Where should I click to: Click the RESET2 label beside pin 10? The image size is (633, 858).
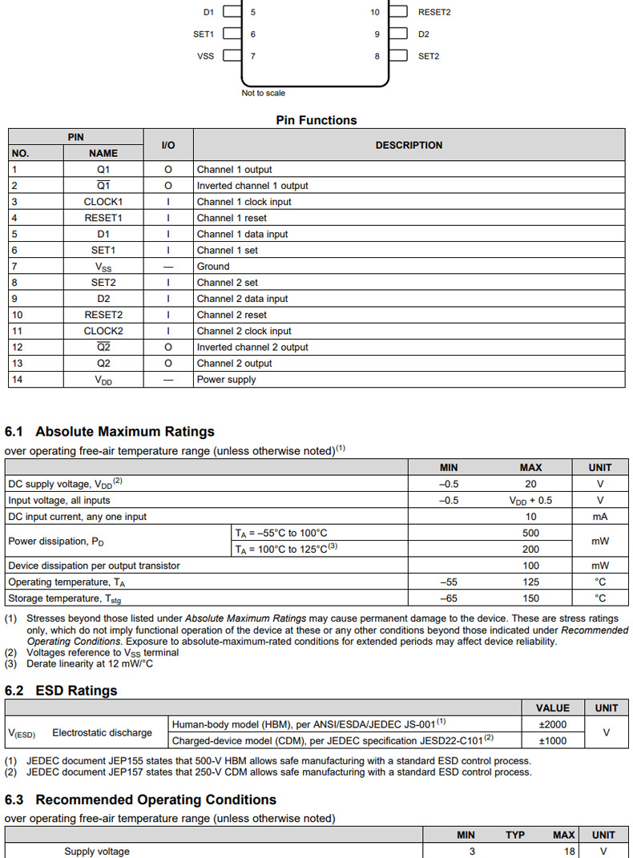pos(433,13)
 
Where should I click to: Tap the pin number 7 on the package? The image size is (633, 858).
pos(253,56)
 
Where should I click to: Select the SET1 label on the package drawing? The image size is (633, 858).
pos(204,34)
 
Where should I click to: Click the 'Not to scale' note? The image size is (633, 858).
pos(263,93)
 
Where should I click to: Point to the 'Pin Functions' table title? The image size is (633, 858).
pos(316,120)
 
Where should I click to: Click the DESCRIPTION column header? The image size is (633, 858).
pos(409,145)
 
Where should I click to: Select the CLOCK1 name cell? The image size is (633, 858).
pos(103,202)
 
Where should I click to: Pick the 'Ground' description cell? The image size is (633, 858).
pos(213,266)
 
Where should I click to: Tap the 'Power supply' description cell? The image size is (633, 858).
pos(227,379)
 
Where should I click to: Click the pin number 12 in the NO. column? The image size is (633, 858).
pos(17,347)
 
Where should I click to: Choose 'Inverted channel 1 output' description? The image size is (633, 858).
pos(252,186)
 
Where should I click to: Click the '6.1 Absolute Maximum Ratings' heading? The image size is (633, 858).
pos(110,432)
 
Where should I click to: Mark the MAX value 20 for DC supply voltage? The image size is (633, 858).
pos(530,484)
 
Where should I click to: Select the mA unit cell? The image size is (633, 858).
pos(599,517)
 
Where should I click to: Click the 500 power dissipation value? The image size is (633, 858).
pos(530,533)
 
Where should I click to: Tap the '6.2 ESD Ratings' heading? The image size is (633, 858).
pos(61,691)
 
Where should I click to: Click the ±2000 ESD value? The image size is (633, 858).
pos(553,724)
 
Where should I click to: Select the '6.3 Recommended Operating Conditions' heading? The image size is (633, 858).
pos(140,800)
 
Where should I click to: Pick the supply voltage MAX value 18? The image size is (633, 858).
pos(569,852)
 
